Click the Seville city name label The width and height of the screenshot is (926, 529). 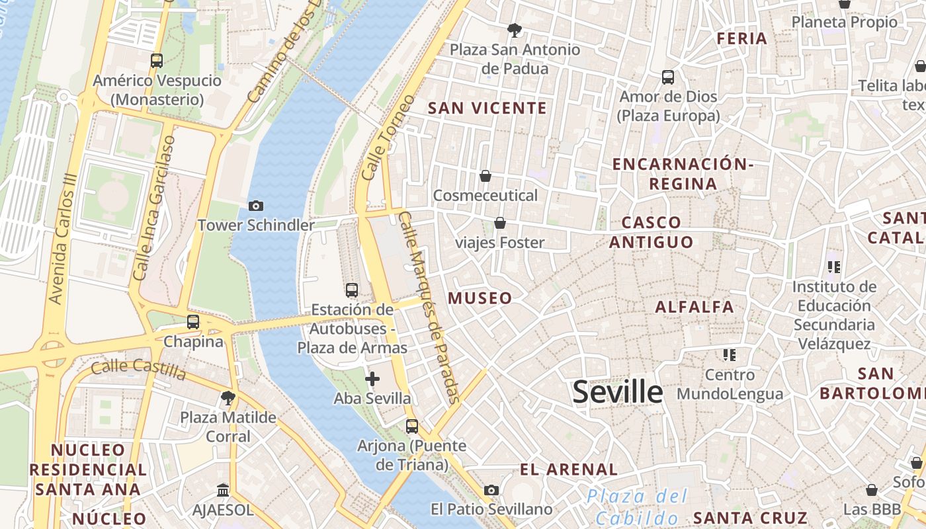(617, 391)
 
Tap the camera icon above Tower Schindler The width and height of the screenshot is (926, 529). (256, 206)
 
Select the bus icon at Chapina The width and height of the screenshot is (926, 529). (193, 322)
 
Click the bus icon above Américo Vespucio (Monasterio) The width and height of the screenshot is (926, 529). (157, 61)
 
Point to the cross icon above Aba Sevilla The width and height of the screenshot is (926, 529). (372, 379)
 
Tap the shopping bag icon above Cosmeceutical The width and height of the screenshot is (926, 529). (485, 176)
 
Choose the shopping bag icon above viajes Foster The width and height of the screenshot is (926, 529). (500, 223)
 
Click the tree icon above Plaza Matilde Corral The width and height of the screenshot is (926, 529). (228, 398)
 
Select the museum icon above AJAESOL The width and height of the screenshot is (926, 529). (223, 491)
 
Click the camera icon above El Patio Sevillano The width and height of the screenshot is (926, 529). (491, 490)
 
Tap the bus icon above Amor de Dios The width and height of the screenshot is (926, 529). (668, 77)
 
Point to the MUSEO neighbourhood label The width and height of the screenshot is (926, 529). (480, 298)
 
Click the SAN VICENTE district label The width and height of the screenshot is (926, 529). (487, 108)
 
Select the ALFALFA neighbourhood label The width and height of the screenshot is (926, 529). (694, 307)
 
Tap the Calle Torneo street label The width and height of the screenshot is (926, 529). (389, 138)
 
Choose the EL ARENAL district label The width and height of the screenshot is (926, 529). (569, 470)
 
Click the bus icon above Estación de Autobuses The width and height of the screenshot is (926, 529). (352, 290)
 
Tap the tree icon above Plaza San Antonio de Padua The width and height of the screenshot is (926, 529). (514, 30)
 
